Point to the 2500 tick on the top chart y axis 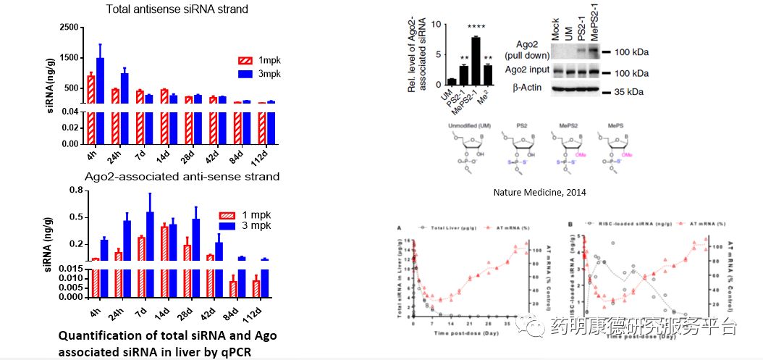68,27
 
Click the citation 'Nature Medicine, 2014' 539,193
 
